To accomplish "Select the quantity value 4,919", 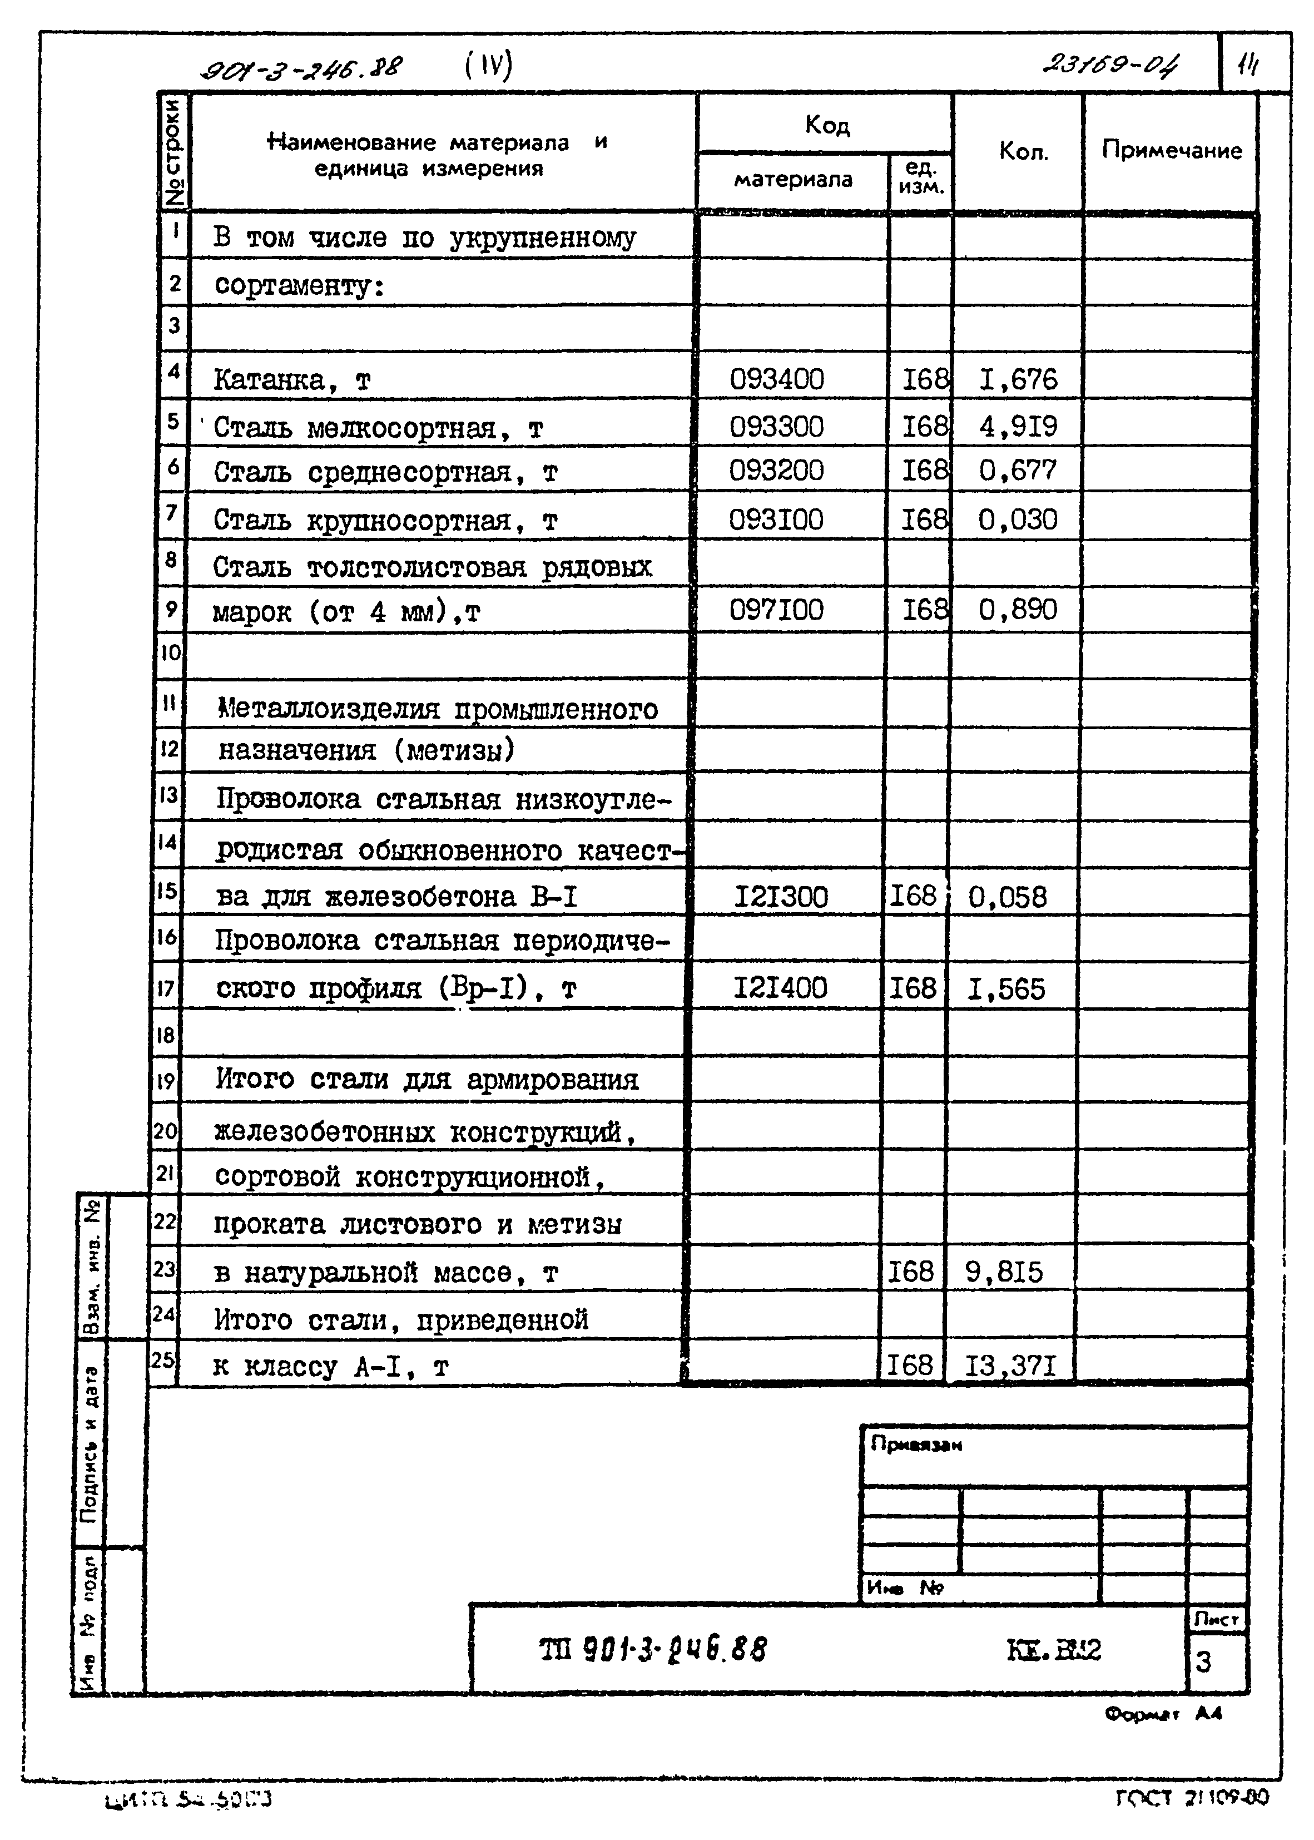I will pyautogui.click(x=1017, y=426).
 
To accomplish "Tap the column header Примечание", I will pyautogui.click(x=1171, y=151).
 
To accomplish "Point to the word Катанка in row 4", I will pyautogui.click(x=268, y=379).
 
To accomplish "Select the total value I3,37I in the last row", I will pyautogui.click(x=1010, y=1366).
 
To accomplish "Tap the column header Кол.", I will pyautogui.click(x=1024, y=151).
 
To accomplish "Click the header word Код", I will pyautogui.click(x=826, y=125).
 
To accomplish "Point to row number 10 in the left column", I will pyautogui.click(x=170, y=652).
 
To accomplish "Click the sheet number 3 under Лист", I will pyautogui.click(x=1203, y=1663).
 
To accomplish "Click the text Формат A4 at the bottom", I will pyautogui.click(x=1163, y=1713).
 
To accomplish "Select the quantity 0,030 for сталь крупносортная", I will pyautogui.click(x=1017, y=520).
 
